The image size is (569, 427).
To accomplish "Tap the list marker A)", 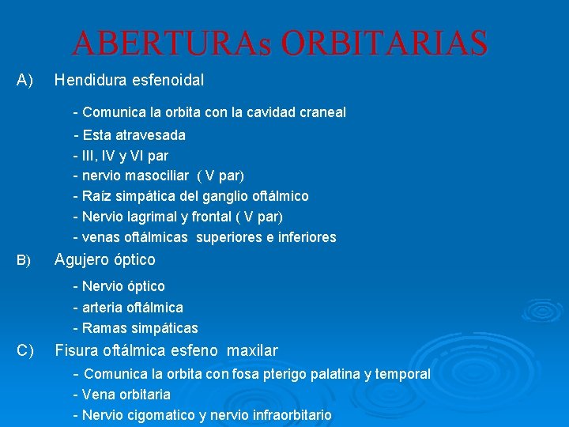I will pyautogui.click(x=24, y=80).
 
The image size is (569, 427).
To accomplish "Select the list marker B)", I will pyautogui.click(x=24, y=260).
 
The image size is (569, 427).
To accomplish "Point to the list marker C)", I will pyautogui.click(x=25, y=350).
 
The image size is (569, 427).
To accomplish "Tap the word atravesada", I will pyautogui.click(x=150, y=134).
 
